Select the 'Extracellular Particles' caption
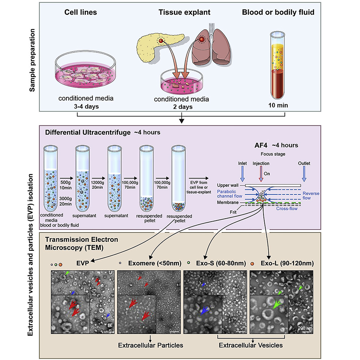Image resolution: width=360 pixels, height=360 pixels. point(151,345)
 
